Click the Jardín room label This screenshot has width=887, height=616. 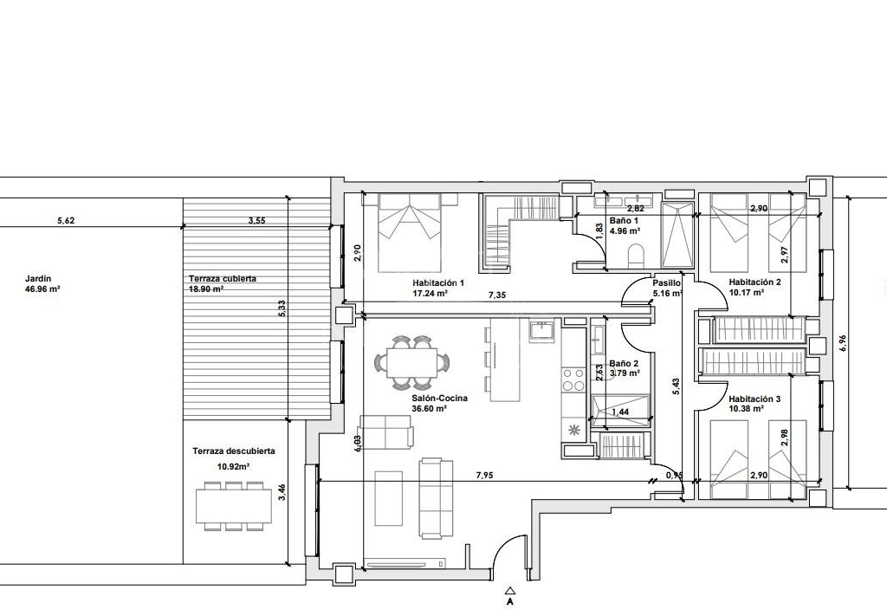(x=38, y=278)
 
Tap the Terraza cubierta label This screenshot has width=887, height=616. (x=223, y=278)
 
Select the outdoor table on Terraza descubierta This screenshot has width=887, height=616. (x=234, y=506)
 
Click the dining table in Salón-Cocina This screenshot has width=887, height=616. (x=411, y=363)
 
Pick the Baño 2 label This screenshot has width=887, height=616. (x=624, y=364)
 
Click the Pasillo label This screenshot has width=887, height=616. (x=666, y=283)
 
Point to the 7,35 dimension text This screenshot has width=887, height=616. (x=498, y=295)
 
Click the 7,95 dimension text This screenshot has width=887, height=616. (x=485, y=475)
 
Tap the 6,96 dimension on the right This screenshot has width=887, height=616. (x=843, y=343)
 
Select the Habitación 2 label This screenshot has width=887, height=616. (x=754, y=282)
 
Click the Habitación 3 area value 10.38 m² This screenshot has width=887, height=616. (x=746, y=408)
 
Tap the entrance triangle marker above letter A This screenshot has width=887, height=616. (x=510, y=589)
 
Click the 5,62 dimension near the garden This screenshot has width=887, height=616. (x=66, y=221)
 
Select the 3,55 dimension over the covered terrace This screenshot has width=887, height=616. (x=256, y=221)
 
